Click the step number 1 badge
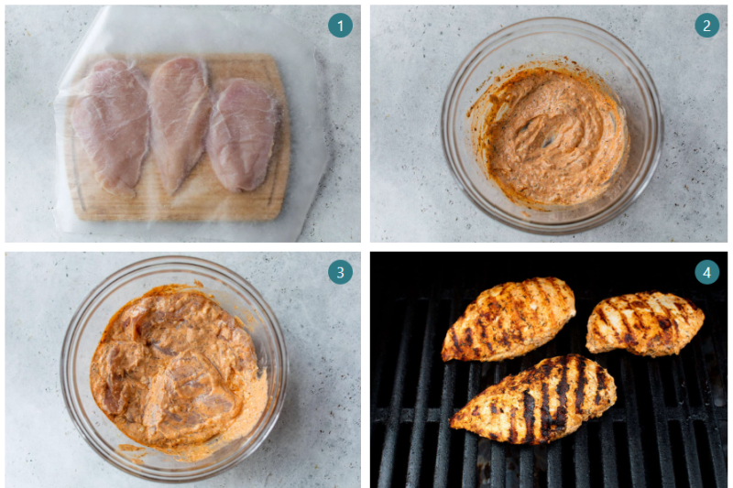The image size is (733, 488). click(x=340, y=26)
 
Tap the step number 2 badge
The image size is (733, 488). click(x=706, y=26)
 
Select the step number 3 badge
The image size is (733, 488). click(x=340, y=272)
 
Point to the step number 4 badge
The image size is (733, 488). click(x=706, y=272)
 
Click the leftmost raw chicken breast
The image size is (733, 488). click(x=110, y=125)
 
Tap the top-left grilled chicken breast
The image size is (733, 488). click(x=509, y=317)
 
